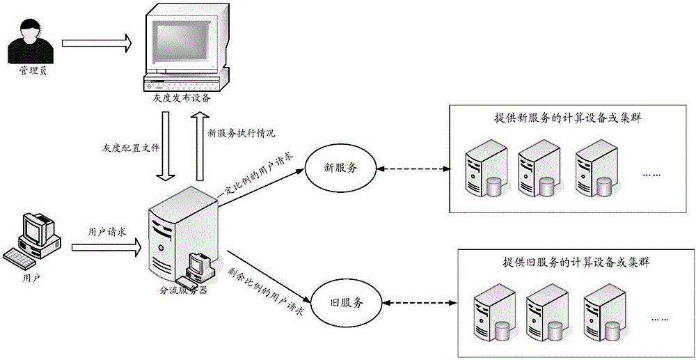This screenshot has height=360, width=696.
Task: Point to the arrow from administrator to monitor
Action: coord(96,43)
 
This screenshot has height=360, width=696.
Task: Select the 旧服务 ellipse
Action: coord(345,303)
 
